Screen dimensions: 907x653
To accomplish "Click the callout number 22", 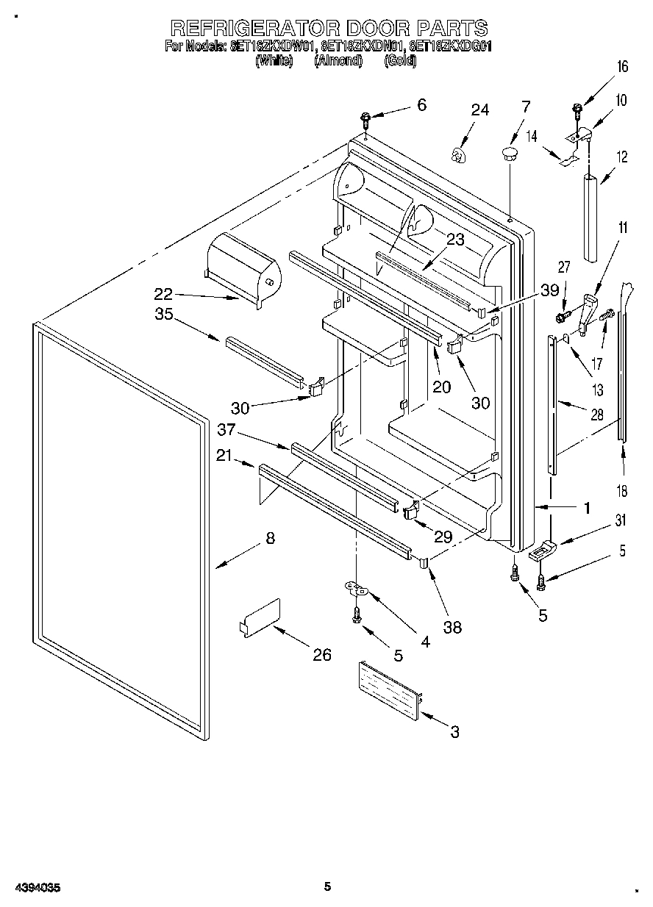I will (164, 294).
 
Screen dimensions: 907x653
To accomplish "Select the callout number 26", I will (321, 655).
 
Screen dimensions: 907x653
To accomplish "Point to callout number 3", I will (454, 731).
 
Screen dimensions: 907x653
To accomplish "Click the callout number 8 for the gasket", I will (270, 539).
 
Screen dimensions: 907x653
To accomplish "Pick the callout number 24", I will (479, 110).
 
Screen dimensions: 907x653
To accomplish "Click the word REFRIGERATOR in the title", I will (254, 28).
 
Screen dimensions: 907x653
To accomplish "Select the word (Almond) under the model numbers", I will (338, 62).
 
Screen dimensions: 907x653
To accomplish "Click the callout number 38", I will (453, 627).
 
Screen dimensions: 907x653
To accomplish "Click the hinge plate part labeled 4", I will (357, 587).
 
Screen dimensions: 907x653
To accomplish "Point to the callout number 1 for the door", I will (587, 507).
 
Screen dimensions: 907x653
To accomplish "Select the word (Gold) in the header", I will (400, 62).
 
